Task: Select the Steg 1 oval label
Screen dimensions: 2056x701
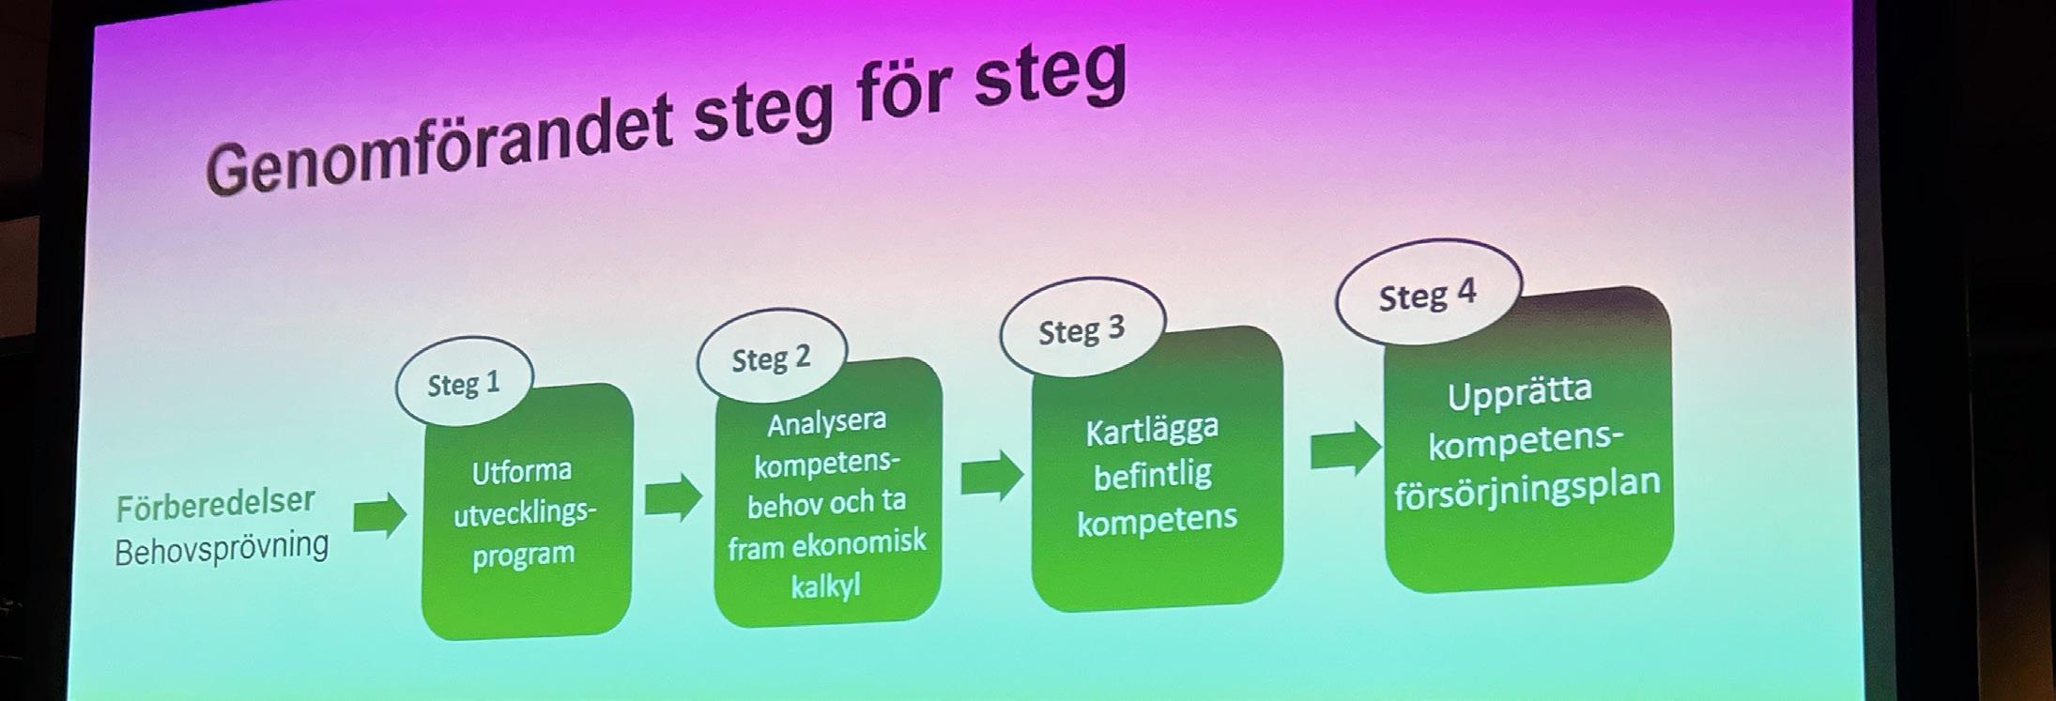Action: click(464, 384)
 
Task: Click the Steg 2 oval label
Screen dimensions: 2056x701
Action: click(771, 358)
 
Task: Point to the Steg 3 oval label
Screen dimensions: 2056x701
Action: click(1082, 330)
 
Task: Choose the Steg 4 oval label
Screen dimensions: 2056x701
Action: click(1427, 296)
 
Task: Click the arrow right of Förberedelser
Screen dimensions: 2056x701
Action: click(379, 515)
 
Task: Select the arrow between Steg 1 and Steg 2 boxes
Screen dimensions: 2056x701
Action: click(673, 496)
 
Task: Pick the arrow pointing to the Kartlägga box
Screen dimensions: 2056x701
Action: click(991, 474)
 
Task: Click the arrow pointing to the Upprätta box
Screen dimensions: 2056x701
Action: click(1345, 450)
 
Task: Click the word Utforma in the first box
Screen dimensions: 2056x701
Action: click(521, 470)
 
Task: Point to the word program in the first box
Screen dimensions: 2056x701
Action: click(523, 555)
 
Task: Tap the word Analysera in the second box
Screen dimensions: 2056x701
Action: click(826, 423)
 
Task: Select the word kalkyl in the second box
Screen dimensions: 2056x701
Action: click(825, 587)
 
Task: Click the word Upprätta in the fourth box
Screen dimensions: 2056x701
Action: click(1519, 392)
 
